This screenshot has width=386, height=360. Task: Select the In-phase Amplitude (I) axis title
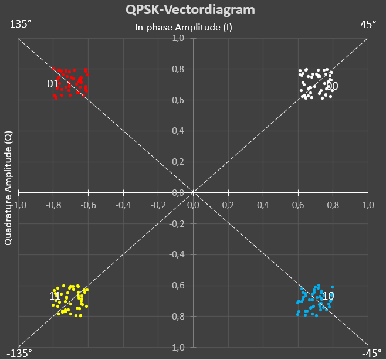pos(184,27)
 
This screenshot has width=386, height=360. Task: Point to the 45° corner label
pos(368,24)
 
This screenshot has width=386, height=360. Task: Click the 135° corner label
pos(20,24)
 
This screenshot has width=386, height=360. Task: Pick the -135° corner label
pos(18,354)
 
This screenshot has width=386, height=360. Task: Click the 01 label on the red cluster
pos(53,84)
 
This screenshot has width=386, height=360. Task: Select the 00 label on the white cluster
pos(332,86)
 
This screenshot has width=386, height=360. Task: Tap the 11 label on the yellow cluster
pos(54,297)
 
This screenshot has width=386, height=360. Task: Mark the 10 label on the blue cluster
pos(329,296)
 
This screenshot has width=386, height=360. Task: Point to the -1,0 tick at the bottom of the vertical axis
pos(177,348)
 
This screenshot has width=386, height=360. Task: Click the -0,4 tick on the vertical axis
pos(177,254)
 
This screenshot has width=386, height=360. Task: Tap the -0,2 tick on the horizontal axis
pos(158,205)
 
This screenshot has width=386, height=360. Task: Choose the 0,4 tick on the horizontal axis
pos(263,205)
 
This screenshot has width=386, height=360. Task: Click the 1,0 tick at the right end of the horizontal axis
pos(368,205)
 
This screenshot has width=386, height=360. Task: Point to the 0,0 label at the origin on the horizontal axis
pos(193,205)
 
